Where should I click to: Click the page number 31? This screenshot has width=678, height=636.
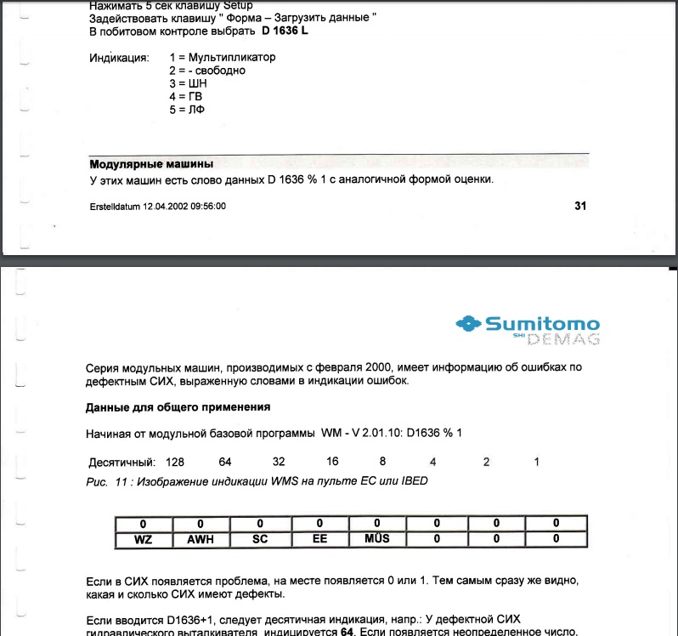580,205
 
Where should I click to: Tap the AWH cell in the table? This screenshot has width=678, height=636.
201,539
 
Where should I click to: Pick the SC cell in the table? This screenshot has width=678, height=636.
260,539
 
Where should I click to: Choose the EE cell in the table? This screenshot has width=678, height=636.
319,539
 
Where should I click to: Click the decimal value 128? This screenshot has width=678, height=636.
175,462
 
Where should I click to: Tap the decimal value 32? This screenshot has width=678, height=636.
279,462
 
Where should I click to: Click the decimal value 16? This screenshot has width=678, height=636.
332,462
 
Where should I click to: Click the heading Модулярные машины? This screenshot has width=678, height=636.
151,163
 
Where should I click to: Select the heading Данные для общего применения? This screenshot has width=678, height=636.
178,407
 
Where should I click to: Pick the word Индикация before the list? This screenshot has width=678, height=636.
119,58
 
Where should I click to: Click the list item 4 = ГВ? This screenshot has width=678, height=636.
186,97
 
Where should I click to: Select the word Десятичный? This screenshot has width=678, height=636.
122,463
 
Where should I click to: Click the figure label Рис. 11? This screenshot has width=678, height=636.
107,481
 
